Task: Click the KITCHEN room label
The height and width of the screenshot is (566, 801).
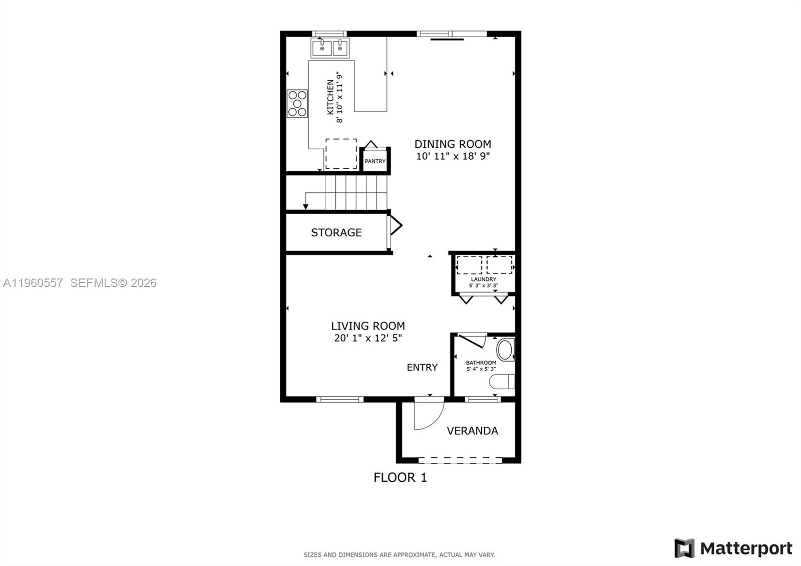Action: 330,97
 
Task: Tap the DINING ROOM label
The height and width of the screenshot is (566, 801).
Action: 453,144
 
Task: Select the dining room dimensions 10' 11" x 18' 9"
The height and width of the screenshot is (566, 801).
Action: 453,156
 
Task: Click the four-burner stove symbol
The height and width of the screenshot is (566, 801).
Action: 297,104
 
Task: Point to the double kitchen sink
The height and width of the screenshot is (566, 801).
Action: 330,49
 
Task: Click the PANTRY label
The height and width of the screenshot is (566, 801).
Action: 375,161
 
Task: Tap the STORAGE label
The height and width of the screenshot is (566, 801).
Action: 336,232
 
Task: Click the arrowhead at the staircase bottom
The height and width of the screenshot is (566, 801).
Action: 305,206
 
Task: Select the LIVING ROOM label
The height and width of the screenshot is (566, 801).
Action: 368,326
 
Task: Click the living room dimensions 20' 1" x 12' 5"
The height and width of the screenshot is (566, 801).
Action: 368,338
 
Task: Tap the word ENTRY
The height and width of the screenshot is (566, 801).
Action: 422,368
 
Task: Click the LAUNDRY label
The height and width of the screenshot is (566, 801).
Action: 484,279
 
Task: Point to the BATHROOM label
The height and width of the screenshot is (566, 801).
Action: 481,363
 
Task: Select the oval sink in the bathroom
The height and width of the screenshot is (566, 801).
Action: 505,350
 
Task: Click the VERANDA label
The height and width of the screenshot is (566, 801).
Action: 472,431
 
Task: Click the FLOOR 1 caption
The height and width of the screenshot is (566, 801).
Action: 400,478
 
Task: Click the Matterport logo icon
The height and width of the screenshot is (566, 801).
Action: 684,548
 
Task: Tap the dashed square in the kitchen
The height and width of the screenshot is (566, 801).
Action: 341,154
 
